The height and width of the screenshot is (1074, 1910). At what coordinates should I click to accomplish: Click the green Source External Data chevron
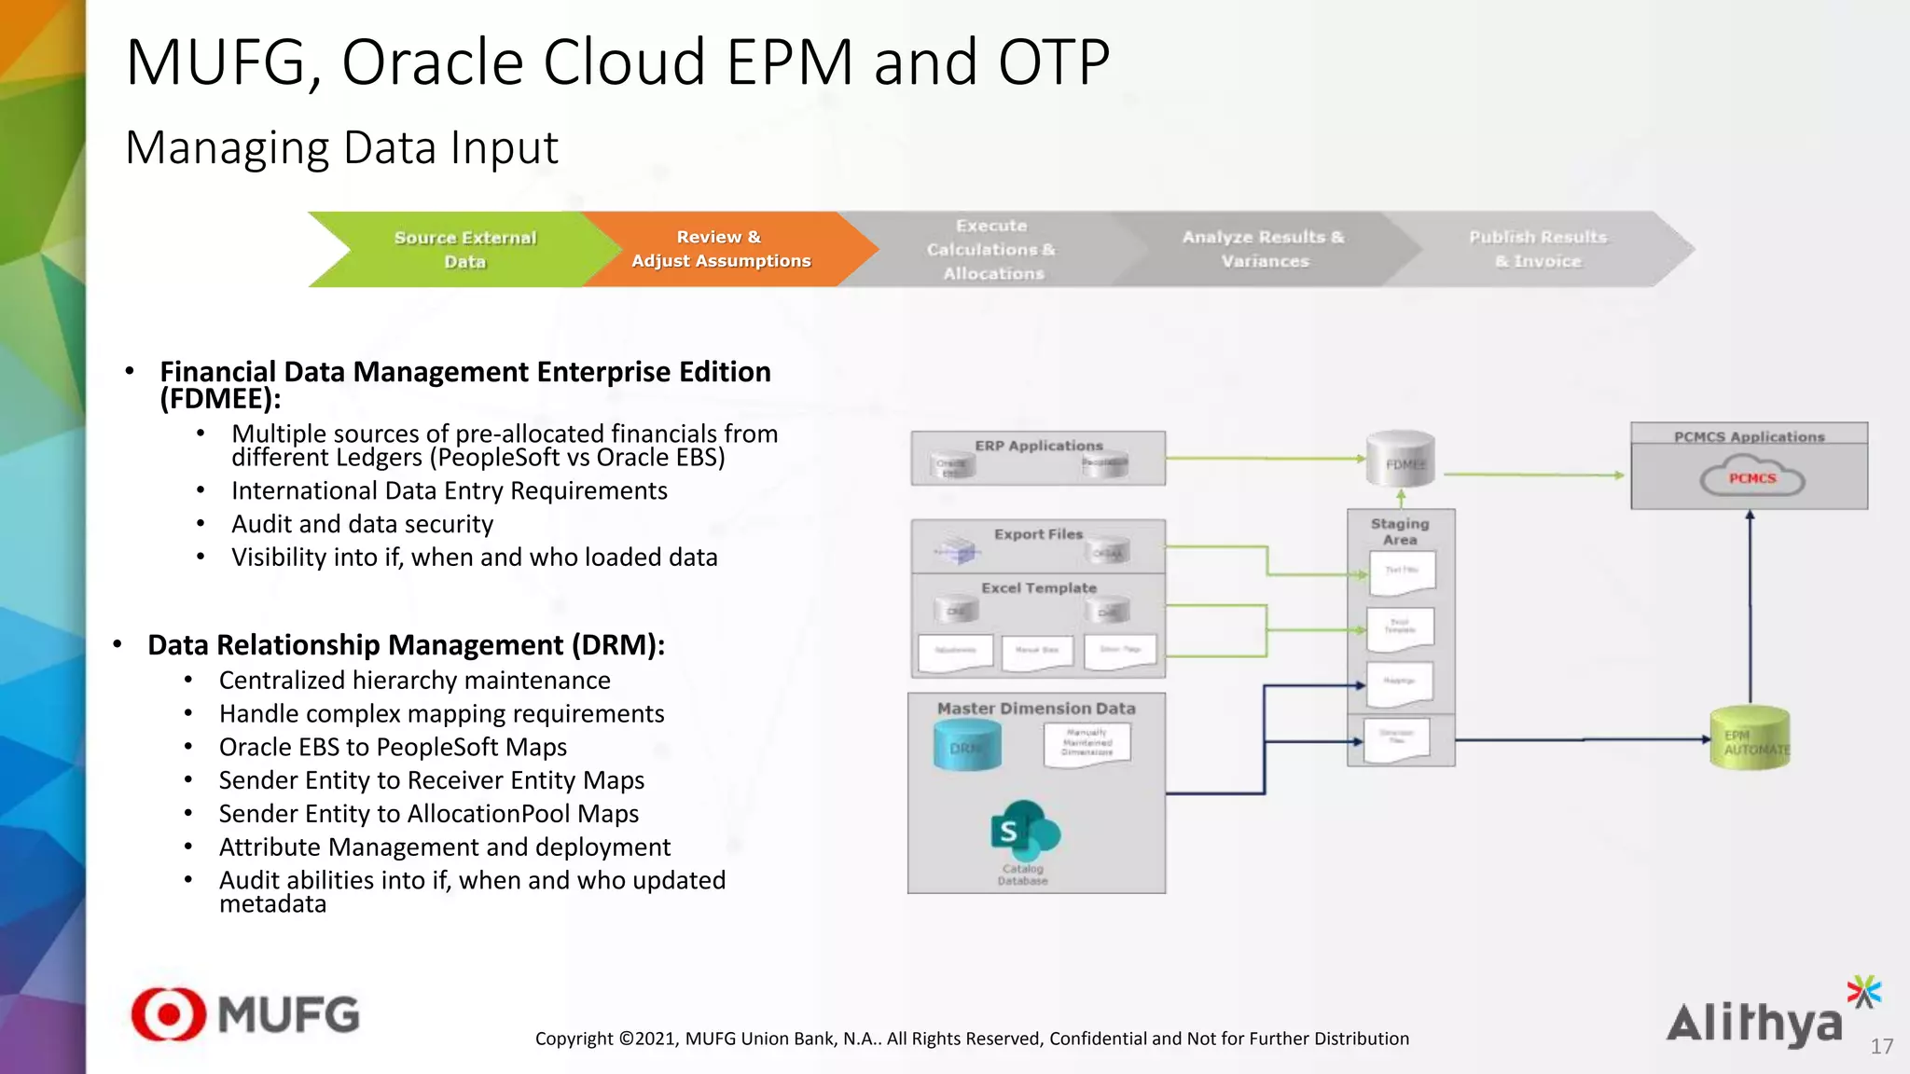[x=464, y=249]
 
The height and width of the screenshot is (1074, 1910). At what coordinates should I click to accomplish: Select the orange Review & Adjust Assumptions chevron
[x=720, y=249]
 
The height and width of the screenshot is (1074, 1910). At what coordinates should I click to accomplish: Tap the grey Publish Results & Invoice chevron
[x=1538, y=249]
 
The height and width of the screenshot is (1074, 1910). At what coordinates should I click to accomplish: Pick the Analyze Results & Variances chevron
[x=1264, y=249]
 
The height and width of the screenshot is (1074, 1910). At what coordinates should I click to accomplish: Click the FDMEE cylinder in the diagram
[x=1401, y=460]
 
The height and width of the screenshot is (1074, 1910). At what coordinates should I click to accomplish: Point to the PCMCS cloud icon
[x=1751, y=476]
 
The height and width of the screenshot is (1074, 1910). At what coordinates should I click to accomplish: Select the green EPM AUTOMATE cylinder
[x=1751, y=739]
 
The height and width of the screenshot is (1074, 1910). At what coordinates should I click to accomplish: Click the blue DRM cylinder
[x=967, y=746]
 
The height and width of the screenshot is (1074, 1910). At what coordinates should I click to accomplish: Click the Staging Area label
[x=1400, y=531]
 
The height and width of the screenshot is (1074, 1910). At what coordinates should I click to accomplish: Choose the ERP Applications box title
[x=1038, y=446]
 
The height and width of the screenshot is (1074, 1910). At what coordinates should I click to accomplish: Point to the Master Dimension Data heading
[x=1036, y=709]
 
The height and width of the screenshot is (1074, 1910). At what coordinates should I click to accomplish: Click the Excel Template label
[x=1038, y=588]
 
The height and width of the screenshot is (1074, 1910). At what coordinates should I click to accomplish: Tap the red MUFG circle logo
[x=169, y=1013]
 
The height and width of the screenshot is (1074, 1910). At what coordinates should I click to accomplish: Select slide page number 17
[x=1881, y=1046]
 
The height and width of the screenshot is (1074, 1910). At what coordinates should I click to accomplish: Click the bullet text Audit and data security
[x=362, y=524]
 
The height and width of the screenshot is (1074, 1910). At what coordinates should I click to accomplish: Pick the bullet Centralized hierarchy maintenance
[x=414, y=681]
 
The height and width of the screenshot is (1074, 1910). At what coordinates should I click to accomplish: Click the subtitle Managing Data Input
[x=341, y=148]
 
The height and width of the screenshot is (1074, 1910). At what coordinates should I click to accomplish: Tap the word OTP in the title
[x=1054, y=63]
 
